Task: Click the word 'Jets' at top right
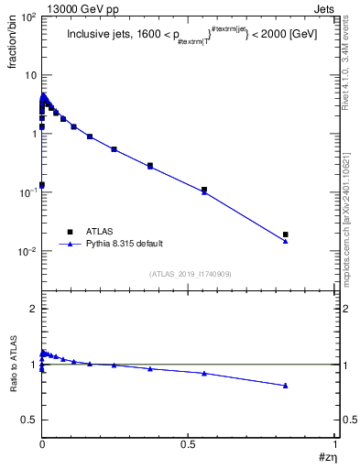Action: coord(325,7)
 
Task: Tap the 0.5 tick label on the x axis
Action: coord(189,443)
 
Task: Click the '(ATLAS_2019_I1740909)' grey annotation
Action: coord(190,274)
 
